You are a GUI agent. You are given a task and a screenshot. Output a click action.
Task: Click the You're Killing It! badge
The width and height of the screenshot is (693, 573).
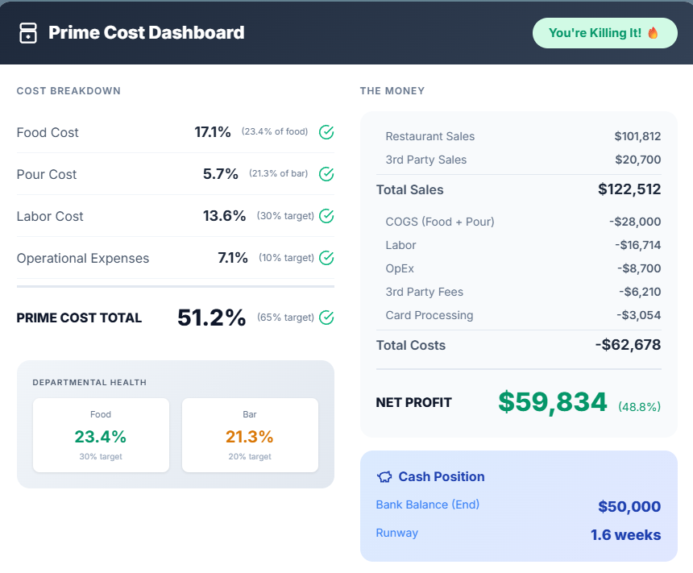(x=604, y=33)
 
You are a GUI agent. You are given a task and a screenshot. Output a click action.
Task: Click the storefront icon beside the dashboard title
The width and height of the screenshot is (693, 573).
(x=28, y=33)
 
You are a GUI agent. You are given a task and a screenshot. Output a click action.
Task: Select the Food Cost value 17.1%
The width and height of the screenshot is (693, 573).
(x=213, y=132)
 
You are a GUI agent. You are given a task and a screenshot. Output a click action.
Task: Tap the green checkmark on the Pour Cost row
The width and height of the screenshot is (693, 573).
(x=326, y=174)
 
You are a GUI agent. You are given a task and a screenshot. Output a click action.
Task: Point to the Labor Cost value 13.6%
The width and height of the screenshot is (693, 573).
(x=224, y=216)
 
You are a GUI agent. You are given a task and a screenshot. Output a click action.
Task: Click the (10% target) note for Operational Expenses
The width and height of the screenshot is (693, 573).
(x=286, y=258)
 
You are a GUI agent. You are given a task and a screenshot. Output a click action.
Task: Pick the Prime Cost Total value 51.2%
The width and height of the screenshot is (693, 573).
(x=211, y=318)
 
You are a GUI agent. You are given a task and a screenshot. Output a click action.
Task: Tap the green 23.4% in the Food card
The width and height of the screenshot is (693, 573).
(x=101, y=437)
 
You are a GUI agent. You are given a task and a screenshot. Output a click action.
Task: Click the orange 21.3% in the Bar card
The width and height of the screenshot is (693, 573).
(x=250, y=437)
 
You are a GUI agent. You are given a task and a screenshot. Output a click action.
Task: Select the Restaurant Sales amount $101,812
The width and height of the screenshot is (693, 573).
(x=637, y=136)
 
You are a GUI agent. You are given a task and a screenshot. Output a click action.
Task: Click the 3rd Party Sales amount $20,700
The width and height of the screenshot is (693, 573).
(x=637, y=160)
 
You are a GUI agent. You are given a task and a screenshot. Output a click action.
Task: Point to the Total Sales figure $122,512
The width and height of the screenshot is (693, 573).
(x=629, y=190)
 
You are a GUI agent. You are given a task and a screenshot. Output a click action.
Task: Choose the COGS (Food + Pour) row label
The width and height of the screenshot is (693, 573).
(x=440, y=222)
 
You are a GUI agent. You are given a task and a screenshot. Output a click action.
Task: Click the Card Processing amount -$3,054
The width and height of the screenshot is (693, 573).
(x=639, y=315)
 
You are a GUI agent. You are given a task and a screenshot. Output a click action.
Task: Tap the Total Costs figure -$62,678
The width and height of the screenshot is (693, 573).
(x=628, y=345)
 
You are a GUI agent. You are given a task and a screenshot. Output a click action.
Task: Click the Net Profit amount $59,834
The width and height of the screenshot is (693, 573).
(x=552, y=401)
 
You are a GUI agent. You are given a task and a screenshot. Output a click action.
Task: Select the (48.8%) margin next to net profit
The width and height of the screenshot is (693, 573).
(x=639, y=407)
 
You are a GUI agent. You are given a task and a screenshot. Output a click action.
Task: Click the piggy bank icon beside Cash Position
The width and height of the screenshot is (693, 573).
(x=384, y=477)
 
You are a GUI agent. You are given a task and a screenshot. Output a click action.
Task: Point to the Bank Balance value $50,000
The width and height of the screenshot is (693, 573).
(x=629, y=507)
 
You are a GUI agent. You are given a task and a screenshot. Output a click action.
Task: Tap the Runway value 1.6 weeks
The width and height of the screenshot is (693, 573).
(x=625, y=534)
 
